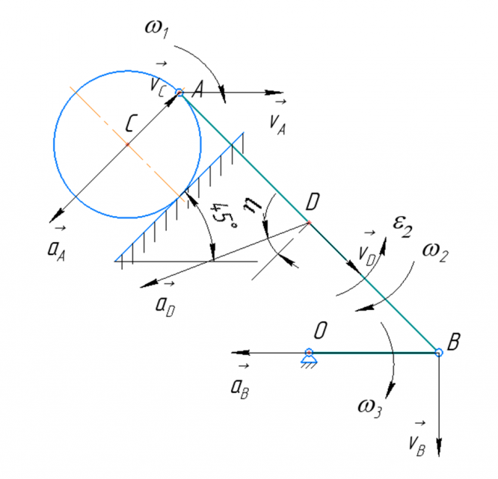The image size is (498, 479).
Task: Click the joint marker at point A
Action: point(179,93)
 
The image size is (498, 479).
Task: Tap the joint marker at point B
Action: point(439,352)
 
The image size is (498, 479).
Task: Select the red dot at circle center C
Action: point(128,144)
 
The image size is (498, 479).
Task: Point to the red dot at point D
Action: point(309,223)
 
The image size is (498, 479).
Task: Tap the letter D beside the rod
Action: point(314,200)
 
